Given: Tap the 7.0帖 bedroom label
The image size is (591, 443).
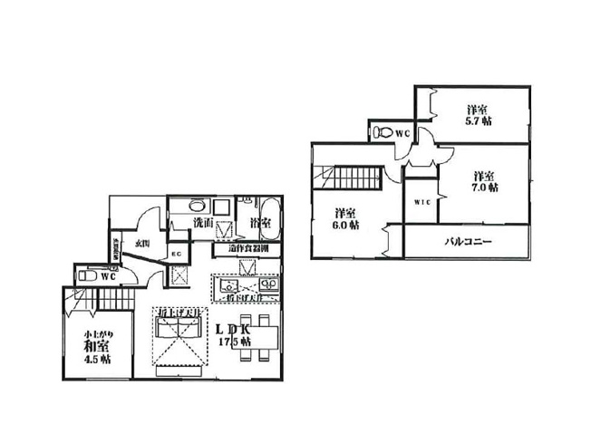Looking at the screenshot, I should (x=483, y=181).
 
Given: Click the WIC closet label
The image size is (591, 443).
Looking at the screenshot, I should (x=421, y=203).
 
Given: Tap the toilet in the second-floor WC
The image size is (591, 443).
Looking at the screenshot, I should (x=383, y=133).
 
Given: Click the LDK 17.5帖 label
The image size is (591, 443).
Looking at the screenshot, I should (x=235, y=334).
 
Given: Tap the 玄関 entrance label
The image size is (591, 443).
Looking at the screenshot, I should (x=142, y=243).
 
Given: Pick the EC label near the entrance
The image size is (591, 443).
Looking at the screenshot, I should (x=179, y=255).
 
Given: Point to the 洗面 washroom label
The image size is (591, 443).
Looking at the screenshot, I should (x=203, y=222).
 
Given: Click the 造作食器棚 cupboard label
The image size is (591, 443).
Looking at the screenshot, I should (x=247, y=248).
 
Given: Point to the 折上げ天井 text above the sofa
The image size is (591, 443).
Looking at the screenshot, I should (x=178, y=313).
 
